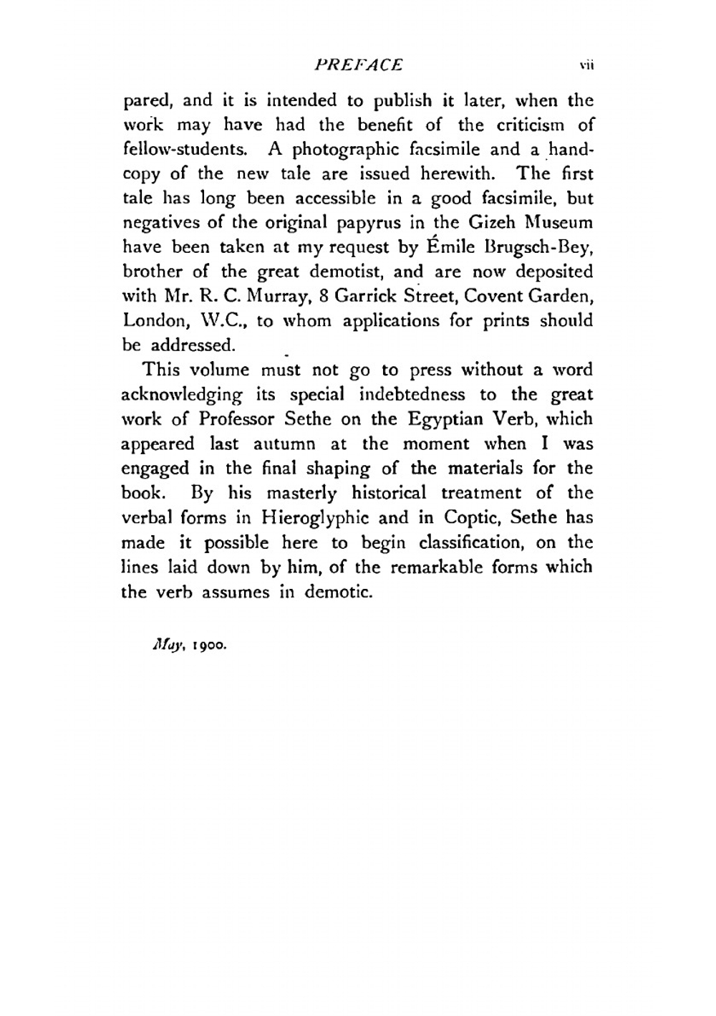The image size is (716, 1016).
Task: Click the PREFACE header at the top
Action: click(358, 65)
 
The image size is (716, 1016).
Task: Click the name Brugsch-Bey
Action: click(541, 247)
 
